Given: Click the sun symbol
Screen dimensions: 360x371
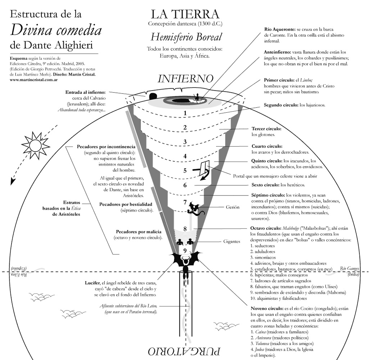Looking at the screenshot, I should tap(35, 144).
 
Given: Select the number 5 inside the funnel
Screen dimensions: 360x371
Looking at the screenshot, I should tap(185, 170).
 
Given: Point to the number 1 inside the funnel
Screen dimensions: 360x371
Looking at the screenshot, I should tap(185, 113).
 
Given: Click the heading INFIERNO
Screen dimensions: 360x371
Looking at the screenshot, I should tap(186, 78).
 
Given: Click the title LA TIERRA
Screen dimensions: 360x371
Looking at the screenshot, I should tap(185, 14).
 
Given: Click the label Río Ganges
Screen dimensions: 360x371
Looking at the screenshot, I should tap(349, 268).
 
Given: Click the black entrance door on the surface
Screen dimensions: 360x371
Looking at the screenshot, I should tap(153, 96).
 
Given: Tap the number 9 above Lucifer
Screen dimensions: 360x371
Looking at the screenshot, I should tap(185, 250).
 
